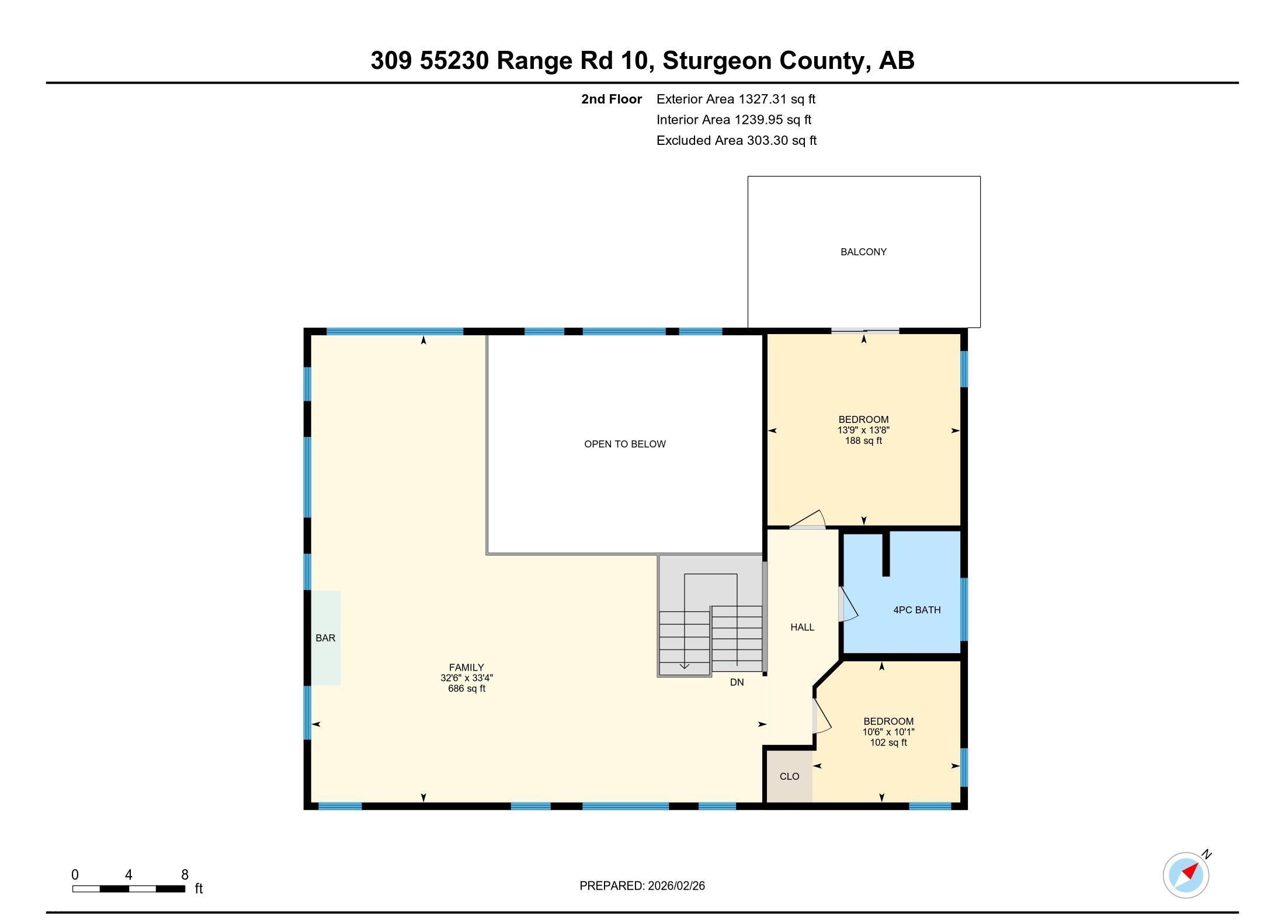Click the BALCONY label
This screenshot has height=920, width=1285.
[863, 252]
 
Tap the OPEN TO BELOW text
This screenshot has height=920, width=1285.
[624, 444]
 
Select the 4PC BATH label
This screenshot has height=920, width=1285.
[916, 610]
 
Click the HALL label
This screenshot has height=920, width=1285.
[802, 627]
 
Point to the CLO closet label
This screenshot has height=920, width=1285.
[789, 776]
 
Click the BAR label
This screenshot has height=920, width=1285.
[325, 638]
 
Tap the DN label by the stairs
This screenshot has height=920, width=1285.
[737, 682]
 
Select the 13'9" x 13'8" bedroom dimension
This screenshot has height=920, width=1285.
[863, 430]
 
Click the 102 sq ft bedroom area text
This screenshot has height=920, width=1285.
[888, 742]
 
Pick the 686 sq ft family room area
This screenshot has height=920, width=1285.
[466, 689]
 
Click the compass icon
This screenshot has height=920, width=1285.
[1186, 875]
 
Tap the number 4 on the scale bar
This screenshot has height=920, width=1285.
[128, 874]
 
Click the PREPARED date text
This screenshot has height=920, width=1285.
[642, 886]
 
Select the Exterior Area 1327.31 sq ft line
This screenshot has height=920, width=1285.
[735, 99]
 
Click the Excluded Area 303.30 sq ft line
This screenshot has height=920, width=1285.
[736, 141]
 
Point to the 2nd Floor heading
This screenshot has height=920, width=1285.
[611, 99]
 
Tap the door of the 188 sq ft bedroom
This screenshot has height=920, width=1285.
[808, 519]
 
